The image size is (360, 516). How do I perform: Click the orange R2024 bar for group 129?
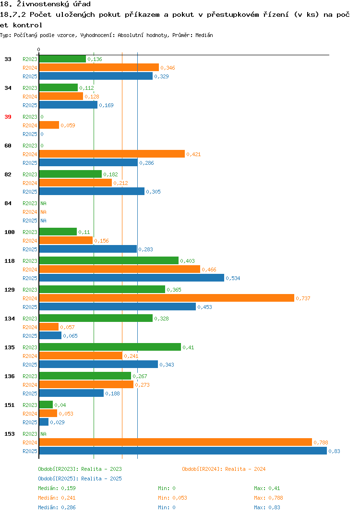click(x=167, y=298)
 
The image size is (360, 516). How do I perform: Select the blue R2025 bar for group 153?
click(x=183, y=451)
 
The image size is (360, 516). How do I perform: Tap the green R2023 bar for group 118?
click(x=109, y=260)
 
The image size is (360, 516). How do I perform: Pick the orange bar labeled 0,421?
click(x=112, y=154)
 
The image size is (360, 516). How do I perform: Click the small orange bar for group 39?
click(x=49, y=125)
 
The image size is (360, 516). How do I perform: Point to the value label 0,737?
click(x=303, y=298)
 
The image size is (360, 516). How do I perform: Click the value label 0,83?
click(x=335, y=451)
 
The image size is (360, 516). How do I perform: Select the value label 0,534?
click(x=233, y=278)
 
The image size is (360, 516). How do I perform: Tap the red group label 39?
click(x=8, y=117)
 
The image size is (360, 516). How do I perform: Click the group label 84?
click(x=8, y=203)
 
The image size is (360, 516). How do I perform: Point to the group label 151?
click(x=10, y=405)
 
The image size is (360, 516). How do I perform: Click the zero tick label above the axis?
click(x=38, y=49)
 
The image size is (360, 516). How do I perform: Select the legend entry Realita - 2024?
click(x=224, y=469)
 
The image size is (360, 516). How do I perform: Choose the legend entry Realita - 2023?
click(x=80, y=469)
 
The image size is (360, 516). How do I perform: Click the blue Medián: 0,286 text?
click(x=57, y=507)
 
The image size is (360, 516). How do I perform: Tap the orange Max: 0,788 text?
click(x=268, y=498)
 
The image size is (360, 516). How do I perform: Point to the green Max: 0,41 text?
click(x=267, y=488)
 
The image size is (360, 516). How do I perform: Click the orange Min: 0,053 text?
click(x=172, y=498)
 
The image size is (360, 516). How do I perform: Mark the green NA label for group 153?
click(x=43, y=434)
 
